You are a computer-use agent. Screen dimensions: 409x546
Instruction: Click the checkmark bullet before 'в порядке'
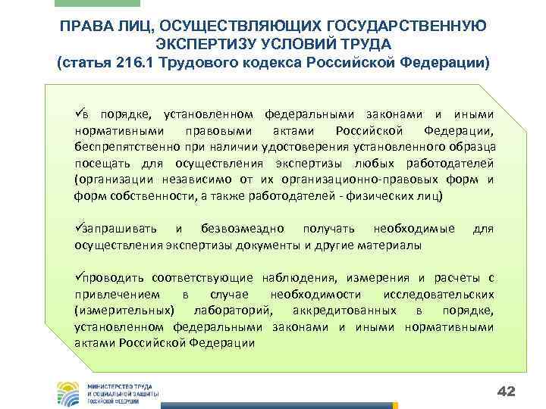[x=78, y=114]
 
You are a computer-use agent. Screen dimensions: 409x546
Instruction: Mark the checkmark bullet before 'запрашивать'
[x=78, y=229]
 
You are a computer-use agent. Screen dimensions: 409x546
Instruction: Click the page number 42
[x=506, y=391]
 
